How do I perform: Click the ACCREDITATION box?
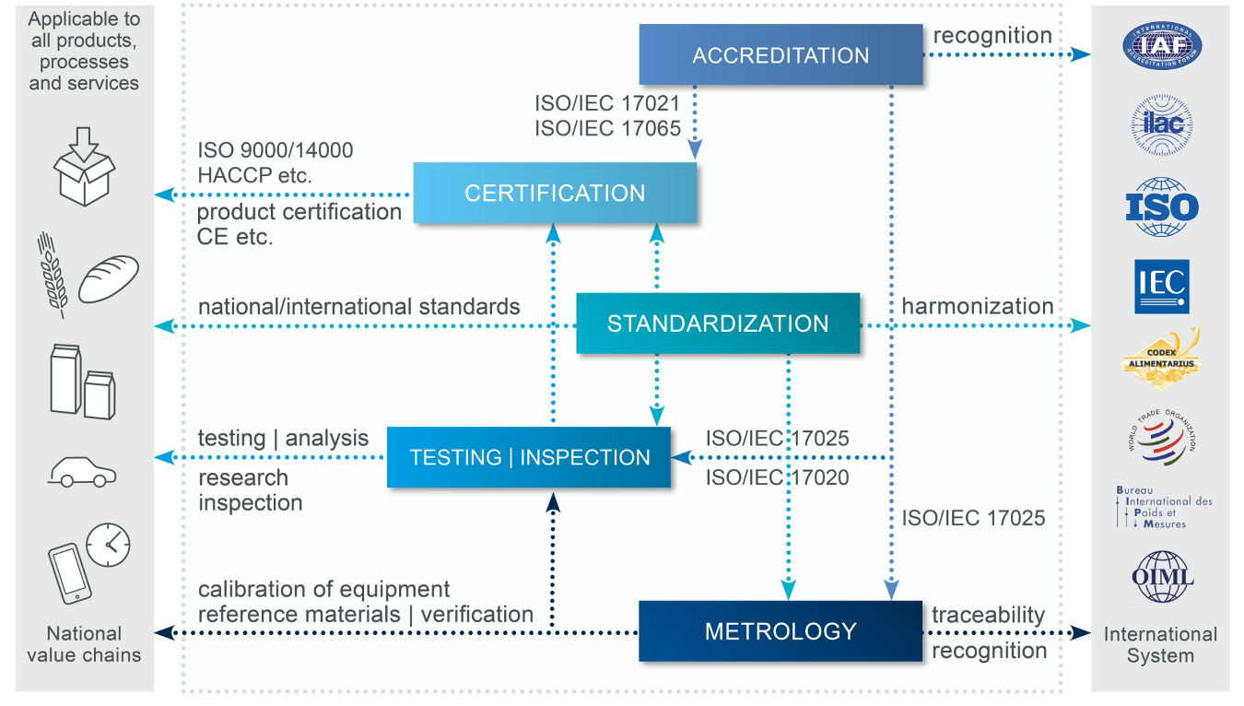780,55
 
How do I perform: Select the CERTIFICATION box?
555,193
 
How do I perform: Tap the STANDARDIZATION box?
717,324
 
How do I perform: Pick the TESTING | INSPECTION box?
529,457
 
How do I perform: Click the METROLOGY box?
780,631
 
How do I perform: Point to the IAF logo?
1161,46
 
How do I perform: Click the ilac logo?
1161,125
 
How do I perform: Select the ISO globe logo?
1161,206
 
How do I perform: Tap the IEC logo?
1161,286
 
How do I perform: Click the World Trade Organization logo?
1161,437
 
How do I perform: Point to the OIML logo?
1161,577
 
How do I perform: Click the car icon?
82,472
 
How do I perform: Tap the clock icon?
109,544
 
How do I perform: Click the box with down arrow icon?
84,168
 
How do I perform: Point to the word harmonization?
977,306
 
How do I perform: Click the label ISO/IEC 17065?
607,128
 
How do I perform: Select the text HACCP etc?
254,174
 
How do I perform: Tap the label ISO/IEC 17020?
777,477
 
